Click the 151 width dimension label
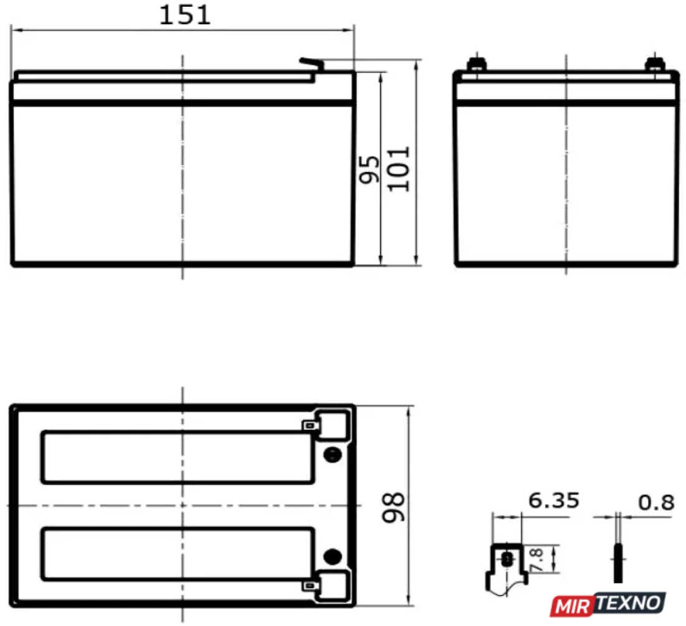pos(185,14)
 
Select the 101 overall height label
pos(399,170)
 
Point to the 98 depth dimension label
pos(394,508)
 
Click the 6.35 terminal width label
pos(554,501)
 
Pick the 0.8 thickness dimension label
pos(656,503)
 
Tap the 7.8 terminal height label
pos(536,560)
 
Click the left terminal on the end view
pos(477,65)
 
